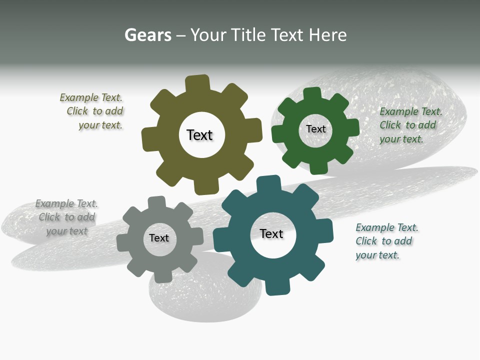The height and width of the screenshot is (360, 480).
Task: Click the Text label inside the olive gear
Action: pos(199,135)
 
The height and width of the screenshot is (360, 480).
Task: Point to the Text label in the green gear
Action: pos(315,129)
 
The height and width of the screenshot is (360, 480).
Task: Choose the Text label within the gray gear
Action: pos(159,238)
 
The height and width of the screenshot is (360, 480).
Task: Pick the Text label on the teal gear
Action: pos(271,233)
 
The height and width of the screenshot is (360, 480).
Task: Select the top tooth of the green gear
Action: pos(312,95)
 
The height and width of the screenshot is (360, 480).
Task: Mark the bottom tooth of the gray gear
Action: pos(162,275)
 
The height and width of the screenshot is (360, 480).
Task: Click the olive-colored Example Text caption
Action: pos(92,111)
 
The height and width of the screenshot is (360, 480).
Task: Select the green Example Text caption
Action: pos(410,125)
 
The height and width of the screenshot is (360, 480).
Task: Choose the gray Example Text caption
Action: pos(67,217)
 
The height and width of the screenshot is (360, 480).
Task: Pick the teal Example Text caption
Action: pos(386,241)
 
